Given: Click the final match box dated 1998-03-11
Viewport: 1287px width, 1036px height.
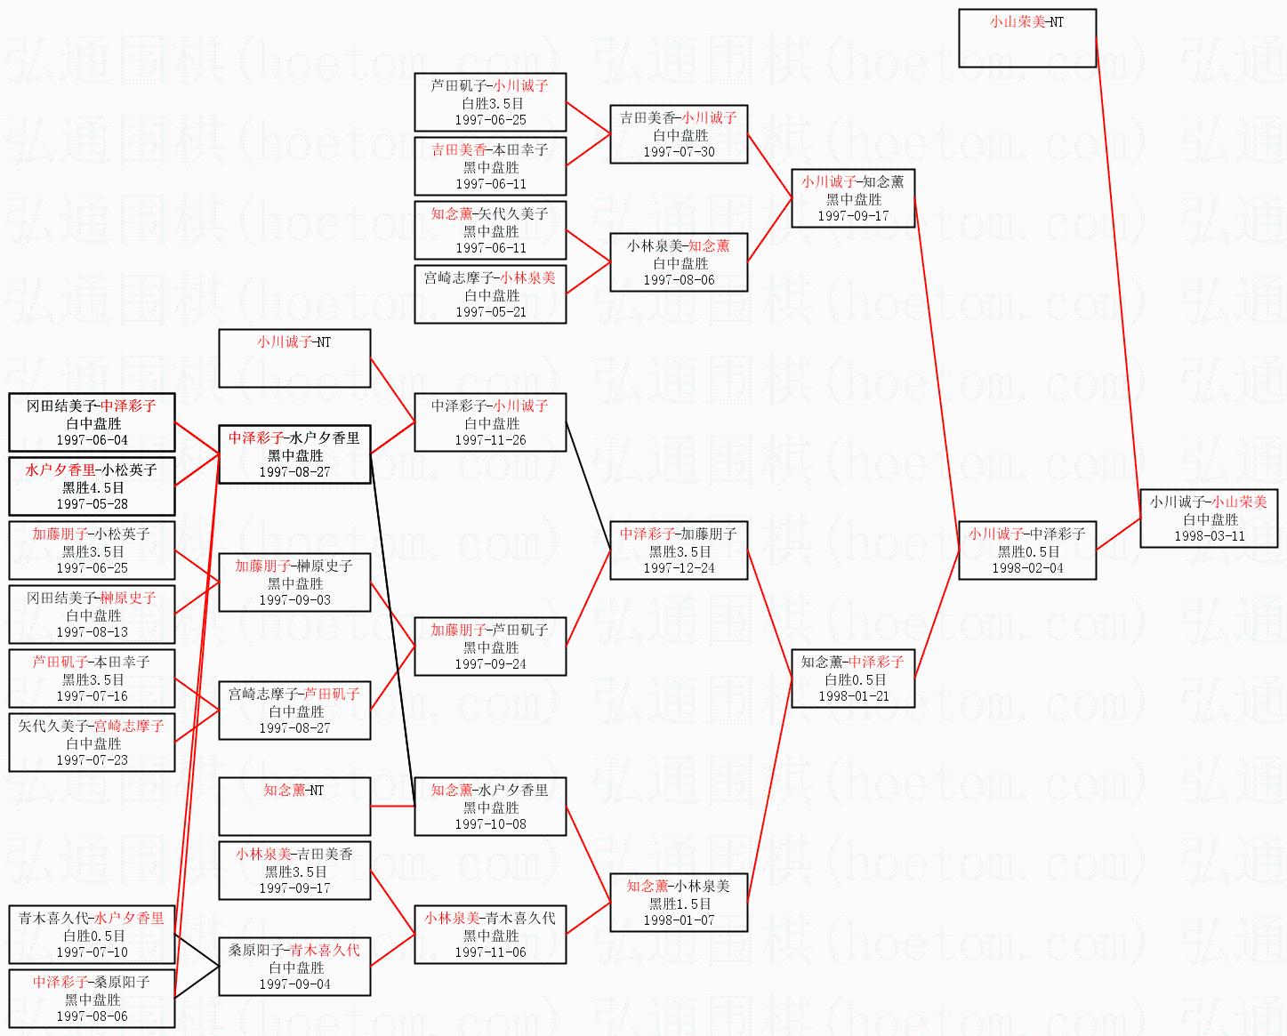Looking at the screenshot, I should tap(1208, 518).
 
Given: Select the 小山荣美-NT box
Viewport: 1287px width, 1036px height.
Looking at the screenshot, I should tap(1026, 38).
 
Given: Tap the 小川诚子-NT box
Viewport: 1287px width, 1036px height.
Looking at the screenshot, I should tap(294, 358).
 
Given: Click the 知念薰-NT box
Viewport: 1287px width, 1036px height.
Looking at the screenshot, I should tap(294, 807).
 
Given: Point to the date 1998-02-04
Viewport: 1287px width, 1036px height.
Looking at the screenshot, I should tap(1027, 568).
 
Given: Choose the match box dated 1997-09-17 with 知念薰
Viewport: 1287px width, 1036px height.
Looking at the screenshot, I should tap(852, 198).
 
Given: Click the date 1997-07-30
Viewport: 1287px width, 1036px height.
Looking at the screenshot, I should tap(679, 152).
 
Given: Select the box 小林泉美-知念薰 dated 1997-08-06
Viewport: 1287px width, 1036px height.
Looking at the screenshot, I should tap(679, 262).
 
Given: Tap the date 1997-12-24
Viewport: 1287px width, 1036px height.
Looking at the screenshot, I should tap(679, 568).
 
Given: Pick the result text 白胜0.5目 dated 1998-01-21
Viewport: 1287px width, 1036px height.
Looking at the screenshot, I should tap(853, 679).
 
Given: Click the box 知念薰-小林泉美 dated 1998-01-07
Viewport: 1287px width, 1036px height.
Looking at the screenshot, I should tap(679, 903).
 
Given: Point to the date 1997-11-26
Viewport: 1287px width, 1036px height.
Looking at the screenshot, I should tap(490, 440).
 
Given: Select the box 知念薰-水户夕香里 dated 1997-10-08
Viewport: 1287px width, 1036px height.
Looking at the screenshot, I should tap(490, 807).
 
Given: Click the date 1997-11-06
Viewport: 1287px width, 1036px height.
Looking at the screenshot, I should tap(490, 952).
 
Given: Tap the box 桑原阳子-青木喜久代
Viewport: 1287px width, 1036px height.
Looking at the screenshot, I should tap(294, 967).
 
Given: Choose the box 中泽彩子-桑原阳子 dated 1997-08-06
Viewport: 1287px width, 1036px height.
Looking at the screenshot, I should tap(92, 999).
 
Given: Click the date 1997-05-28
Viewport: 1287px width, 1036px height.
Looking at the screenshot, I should tap(92, 504).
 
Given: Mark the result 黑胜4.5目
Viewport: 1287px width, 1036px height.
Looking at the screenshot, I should tap(93, 487).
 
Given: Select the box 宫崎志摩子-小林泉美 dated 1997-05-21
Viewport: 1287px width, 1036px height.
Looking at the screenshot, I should tap(490, 294).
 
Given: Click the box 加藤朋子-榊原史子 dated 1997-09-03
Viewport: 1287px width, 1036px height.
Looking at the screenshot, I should tap(294, 582).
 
